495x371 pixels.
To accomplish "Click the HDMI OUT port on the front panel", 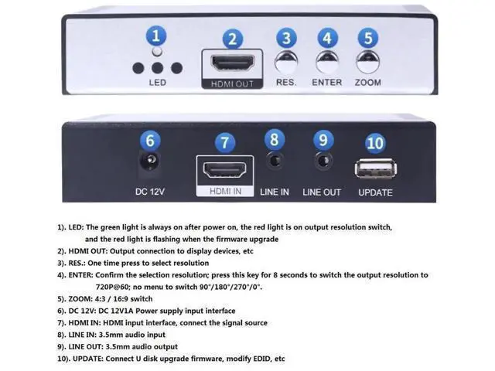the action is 233,63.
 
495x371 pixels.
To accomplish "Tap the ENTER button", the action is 327,63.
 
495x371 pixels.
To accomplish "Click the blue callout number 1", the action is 156,36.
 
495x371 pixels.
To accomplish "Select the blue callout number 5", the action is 368,38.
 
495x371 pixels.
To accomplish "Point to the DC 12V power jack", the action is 149,161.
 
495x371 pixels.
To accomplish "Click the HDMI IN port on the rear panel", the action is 224,170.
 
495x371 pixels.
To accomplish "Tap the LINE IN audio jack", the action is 274,161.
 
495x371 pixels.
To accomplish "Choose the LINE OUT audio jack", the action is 323,161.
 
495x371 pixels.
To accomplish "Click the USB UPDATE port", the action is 376,168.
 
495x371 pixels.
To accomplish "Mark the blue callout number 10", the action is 375,143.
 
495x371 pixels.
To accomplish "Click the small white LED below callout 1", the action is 157,52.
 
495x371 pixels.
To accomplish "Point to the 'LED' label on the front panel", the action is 158,83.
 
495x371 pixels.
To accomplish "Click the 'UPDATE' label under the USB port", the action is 375,192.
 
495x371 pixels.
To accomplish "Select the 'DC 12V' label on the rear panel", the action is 149,192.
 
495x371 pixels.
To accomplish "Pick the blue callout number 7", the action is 225,143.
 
